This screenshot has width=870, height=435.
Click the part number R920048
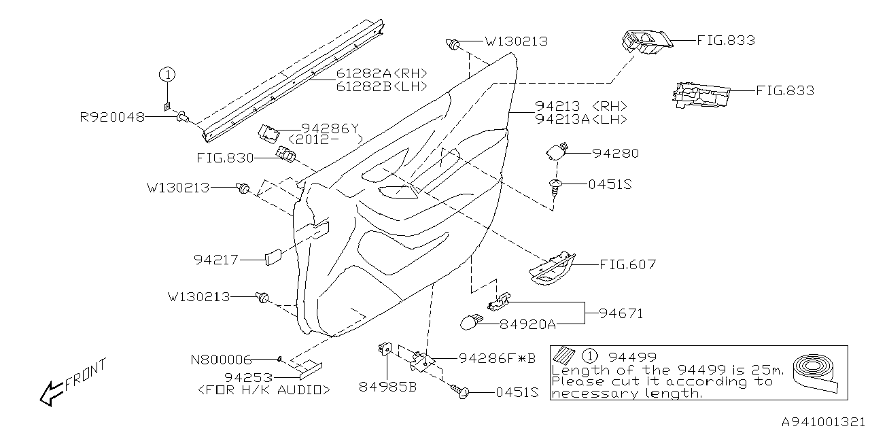(112, 117)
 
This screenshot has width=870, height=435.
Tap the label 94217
(216, 259)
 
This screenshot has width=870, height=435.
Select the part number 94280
(615, 154)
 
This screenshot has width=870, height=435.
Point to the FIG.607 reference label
(627, 264)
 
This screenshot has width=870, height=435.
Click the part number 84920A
(527, 324)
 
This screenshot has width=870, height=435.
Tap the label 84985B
(387, 387)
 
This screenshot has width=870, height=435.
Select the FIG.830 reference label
(225, 158)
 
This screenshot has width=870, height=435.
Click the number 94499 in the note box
(633, 356)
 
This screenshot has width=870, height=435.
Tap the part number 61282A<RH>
(381, 73)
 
